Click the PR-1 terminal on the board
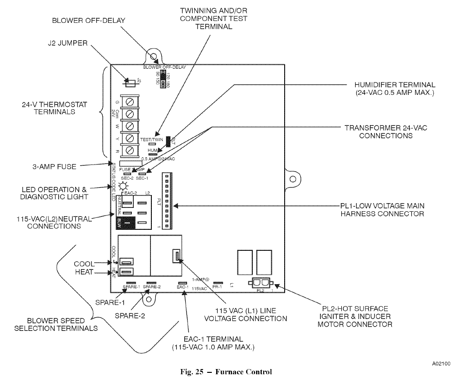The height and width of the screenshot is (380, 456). click(x=218, y=282)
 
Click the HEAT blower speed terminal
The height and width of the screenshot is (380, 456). click(x=126, y=271)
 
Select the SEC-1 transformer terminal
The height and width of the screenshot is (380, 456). click(x=141, y=173)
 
